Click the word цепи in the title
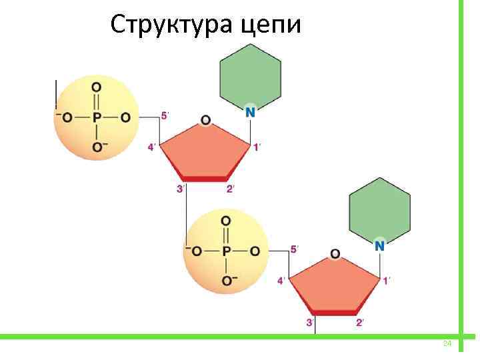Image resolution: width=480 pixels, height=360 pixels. coord(273,26)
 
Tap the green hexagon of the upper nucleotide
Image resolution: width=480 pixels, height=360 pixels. coord(250,74)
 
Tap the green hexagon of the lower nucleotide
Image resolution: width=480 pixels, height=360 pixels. coord(380,207)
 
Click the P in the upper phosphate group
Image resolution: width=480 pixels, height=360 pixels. coord(97,117)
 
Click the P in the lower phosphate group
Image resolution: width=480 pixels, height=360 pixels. coord(226,251)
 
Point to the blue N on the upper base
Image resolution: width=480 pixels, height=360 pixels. coord(250,112)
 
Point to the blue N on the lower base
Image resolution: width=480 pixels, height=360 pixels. coord(379,245)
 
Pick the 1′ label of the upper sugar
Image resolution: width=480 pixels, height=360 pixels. coord(257,147)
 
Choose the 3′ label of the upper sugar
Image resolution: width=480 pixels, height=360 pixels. coord(181,189)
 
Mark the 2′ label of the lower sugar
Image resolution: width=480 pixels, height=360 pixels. coord(360,323)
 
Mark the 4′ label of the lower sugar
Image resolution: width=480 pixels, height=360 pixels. coord(281,281)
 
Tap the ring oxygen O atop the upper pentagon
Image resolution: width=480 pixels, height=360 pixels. coord(205,120)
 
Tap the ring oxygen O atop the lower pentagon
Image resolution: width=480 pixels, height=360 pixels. coord(335,253)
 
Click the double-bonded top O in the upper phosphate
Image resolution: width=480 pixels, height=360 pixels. coord(97,87)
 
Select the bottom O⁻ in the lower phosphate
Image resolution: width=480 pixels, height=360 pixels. coord(227,281)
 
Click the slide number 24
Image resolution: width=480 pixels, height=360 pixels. coord(447,343)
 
